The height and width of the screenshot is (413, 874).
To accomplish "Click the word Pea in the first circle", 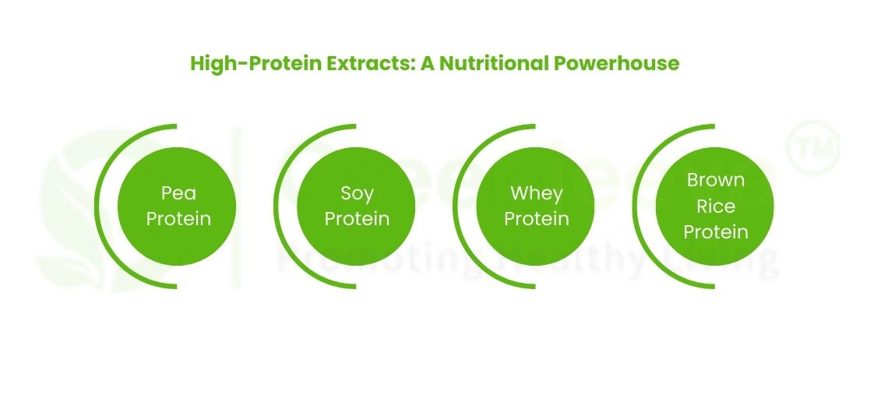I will (x=178, y=192).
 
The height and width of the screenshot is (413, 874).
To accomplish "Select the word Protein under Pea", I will (x=178, y=219).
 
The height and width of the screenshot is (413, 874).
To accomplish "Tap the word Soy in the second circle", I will (x=357, y=192).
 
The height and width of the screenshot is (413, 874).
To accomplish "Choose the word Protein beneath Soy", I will (x=357, y=219).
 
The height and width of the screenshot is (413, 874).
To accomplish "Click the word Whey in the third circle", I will (x=536, y=192).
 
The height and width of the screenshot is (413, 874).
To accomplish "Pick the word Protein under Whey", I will (x=536, y=219).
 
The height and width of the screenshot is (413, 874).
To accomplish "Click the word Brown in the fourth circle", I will (x=715, y=180).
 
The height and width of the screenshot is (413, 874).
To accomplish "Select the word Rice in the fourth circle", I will (x=715, y=206).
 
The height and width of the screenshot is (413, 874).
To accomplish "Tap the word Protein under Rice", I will (x=715, y=231).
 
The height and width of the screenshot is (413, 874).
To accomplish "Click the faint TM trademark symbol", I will (x=812, y=146).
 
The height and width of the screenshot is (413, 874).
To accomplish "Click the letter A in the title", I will (x=427, y=63).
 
